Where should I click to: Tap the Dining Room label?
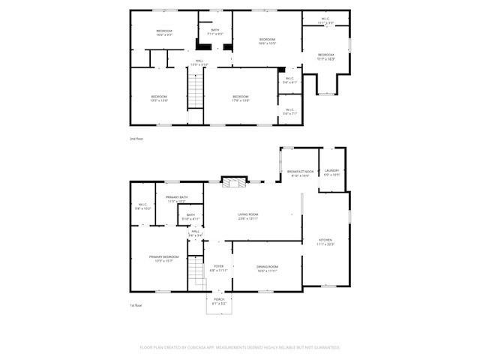[x=268, y=269]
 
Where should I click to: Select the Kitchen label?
[x=325, y=242]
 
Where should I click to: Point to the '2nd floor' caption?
[x=136, y=139]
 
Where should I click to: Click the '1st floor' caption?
[x=136, y=305]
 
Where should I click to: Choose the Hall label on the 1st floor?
[x=195, y=233]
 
